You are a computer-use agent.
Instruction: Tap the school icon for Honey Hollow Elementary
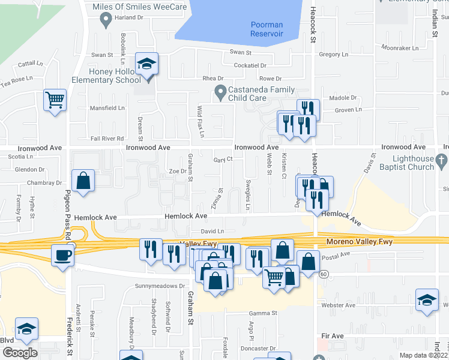click(146, 63)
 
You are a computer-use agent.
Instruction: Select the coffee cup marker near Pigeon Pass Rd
click(62, 256)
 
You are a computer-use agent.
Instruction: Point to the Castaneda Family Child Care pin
click(220, 94)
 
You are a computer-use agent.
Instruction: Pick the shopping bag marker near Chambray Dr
click(83, 181)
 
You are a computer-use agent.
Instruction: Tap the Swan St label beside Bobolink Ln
click(102, 55)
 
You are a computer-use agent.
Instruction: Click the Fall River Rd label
click(107, 138)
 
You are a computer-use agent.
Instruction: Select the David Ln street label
click(212, 230)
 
